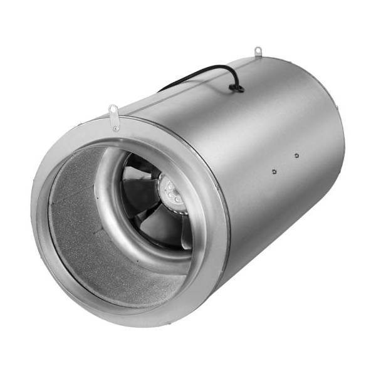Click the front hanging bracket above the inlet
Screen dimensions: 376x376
(115, 117)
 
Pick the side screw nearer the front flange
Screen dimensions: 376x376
(274, 169)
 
